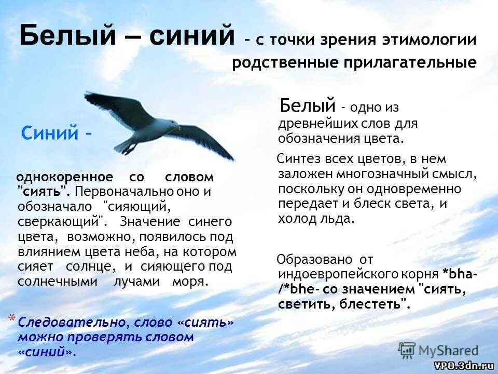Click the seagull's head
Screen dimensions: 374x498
pyautogui.click(x=172, y=124)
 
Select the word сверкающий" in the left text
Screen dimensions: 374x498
pyautogui.click(x=59, y=222)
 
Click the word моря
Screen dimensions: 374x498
pyautogui.click(x=192, y=282)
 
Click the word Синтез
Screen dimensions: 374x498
pyautogui.click(x=297, y=159)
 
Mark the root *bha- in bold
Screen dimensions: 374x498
pyautogui.click(x=460, y=274)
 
